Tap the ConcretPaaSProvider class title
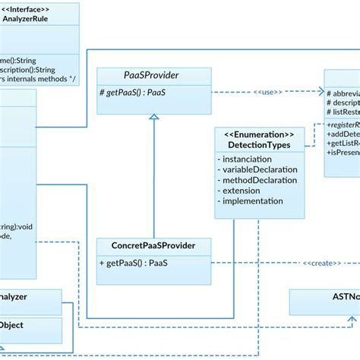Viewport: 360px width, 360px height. tap(153, 245)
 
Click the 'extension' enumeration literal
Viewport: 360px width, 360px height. tap(241, 191)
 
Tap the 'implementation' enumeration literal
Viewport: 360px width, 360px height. tap(253, 201)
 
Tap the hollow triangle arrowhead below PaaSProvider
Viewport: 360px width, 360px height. tap(153, 118)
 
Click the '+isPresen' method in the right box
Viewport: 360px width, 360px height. tap(343, 152)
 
